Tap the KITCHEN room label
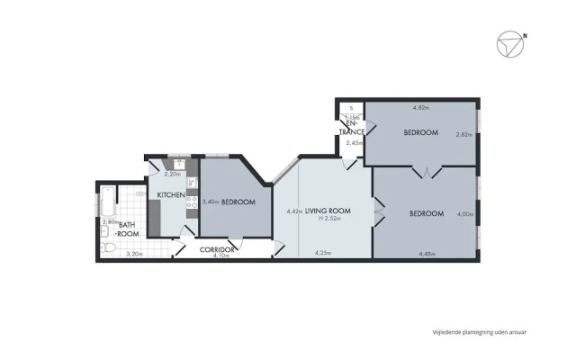171,195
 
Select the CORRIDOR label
217,248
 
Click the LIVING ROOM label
328,211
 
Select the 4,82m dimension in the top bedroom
420,108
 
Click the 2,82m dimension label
463,135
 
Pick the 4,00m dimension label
464,214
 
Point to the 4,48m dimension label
427,254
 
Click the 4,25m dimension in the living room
322,254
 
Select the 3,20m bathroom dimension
133,255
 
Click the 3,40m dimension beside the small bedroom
211,202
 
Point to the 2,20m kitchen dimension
171,174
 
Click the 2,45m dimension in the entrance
354,142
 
